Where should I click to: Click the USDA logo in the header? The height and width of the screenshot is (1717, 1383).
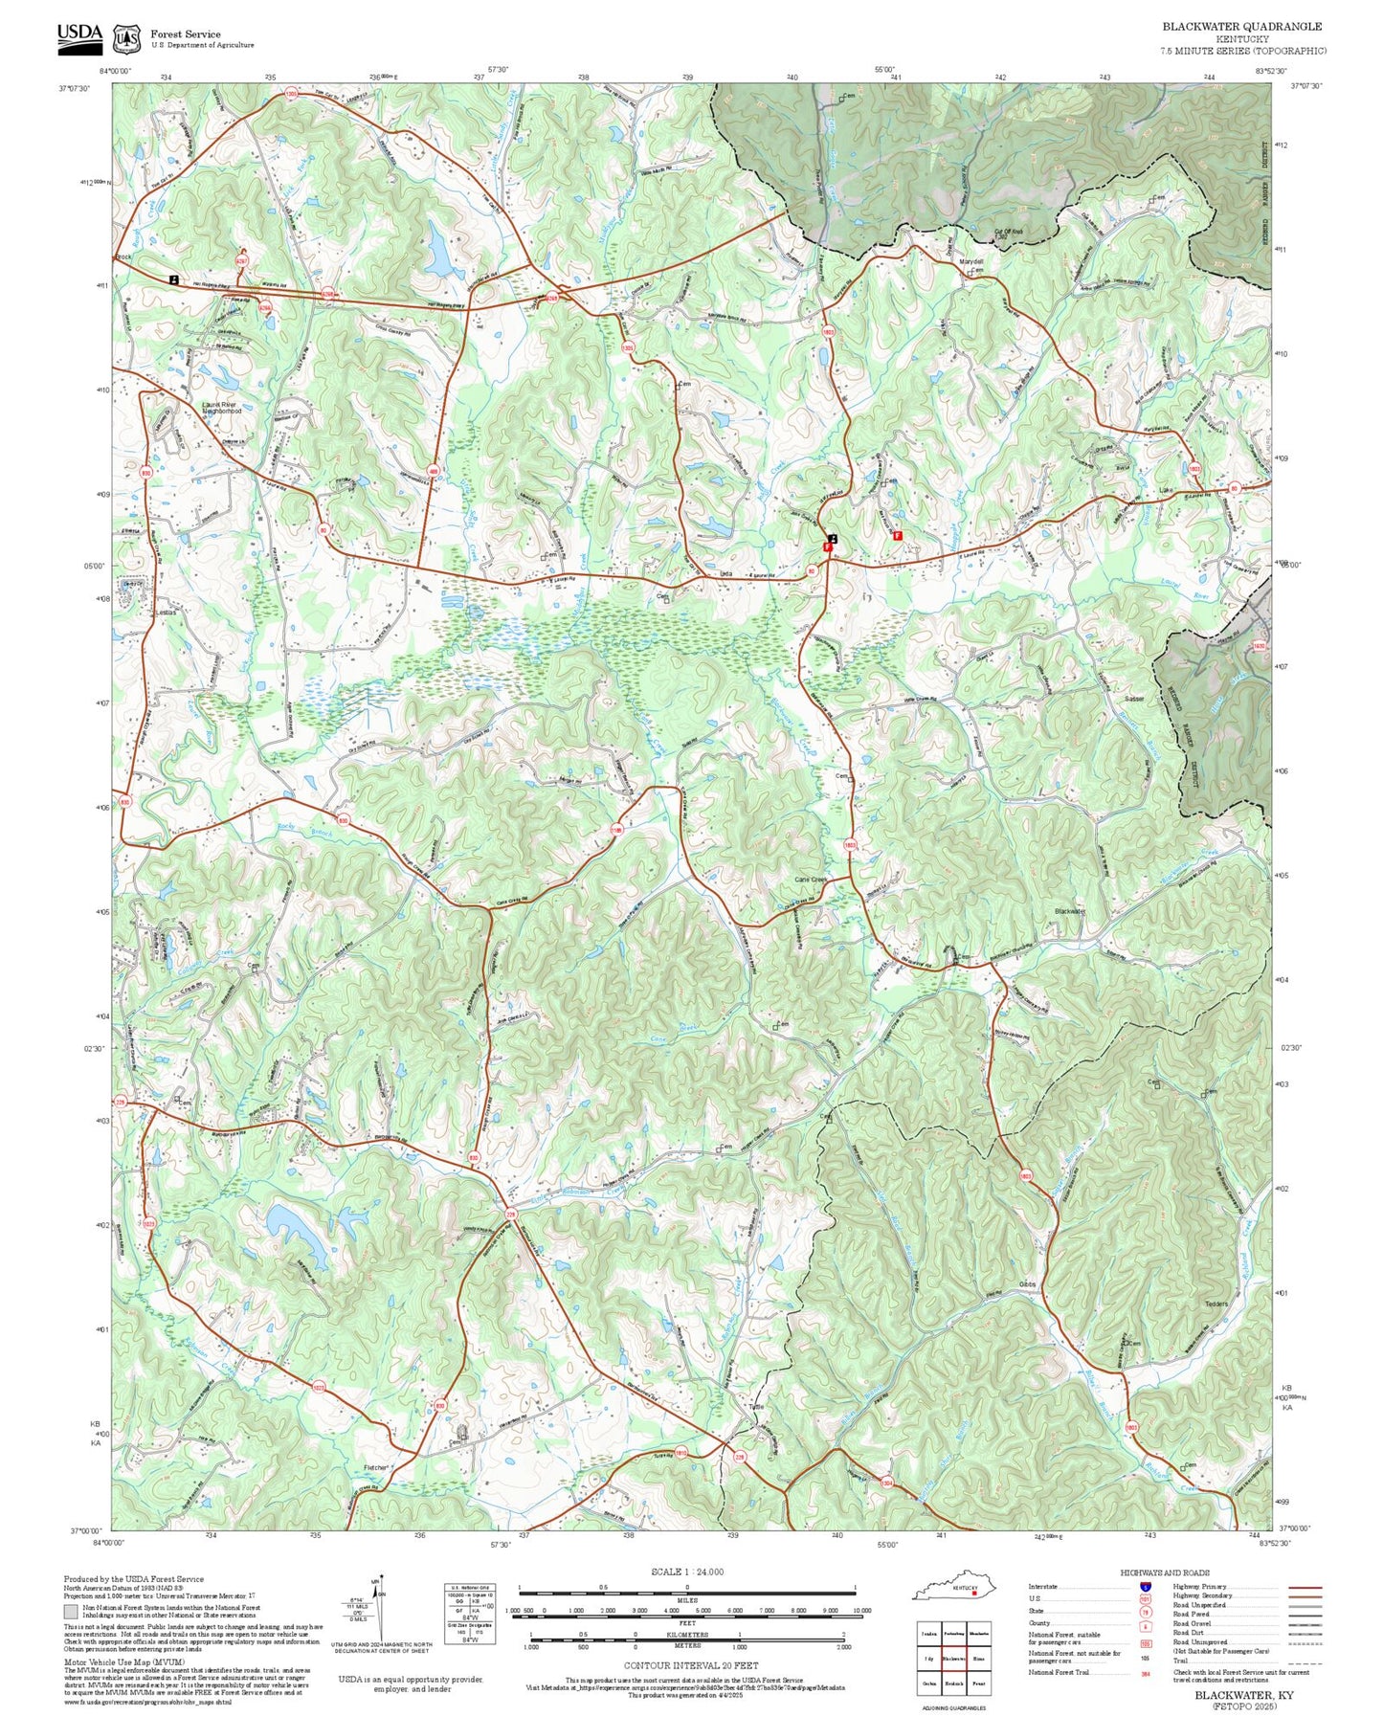point(79,34)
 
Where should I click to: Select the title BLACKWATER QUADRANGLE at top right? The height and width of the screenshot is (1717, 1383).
point(1241,27)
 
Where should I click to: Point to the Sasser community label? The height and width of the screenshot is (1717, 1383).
point(1135,698)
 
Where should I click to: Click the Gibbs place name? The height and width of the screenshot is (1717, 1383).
point(1027,1284)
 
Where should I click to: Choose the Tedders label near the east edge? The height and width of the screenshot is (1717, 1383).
point(1216,1304)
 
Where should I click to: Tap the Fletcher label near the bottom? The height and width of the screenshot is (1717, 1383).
point(375,1467)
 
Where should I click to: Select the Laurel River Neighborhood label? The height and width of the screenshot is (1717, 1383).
point(221,408)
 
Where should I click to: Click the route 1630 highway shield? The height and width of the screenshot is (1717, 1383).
point(1260,647)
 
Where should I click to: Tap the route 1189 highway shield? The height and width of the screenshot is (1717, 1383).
point(616,830)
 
